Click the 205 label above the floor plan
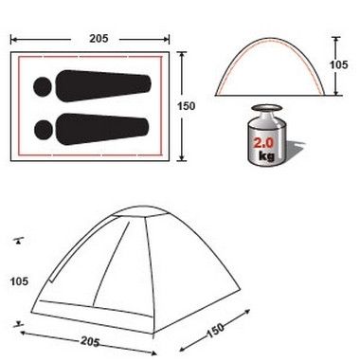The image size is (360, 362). [x=99, y=39]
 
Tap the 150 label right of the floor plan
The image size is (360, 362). [x=186, y=106]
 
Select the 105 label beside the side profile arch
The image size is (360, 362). [x=338, y=64]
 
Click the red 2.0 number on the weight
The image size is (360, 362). [x=263, y=143]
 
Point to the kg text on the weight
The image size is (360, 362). [x=266, y=155]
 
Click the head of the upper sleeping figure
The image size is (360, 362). [x=43, y=86]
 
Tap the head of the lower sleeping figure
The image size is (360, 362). [x=44, y=130]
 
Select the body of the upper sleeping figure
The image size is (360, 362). [x=103, y=86]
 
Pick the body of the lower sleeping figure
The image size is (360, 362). [x=102, y=129]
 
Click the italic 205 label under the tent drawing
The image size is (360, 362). [x=90, y=341]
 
